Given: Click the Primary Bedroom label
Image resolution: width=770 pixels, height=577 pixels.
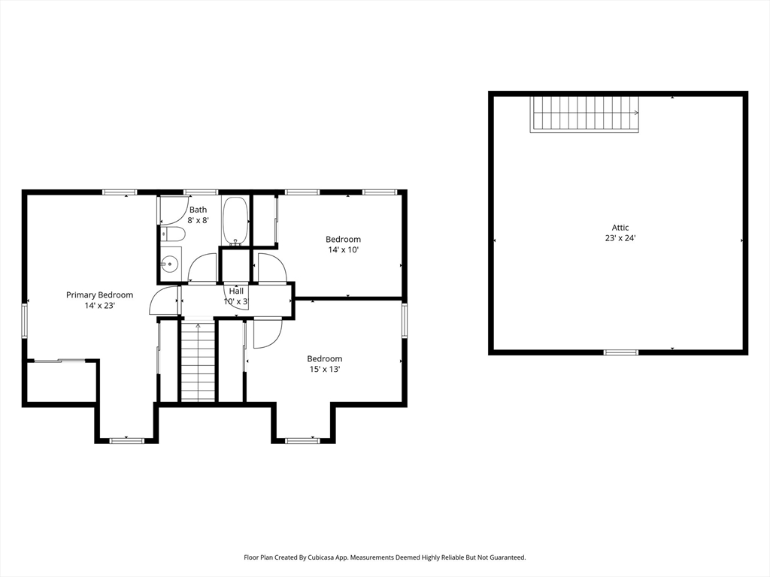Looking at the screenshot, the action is [100, 295].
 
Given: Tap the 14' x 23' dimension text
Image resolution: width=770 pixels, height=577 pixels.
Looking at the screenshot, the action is [100, 306].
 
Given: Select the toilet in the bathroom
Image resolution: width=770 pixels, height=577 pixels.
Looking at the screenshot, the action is [172, 235].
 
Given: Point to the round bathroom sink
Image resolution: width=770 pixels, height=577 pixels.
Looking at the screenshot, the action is [170, 264].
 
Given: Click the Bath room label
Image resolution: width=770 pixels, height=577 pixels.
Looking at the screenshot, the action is [198, 210].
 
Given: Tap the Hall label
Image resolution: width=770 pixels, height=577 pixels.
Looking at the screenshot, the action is [236, 291].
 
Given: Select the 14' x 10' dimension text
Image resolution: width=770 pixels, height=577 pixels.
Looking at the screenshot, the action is [343, 249].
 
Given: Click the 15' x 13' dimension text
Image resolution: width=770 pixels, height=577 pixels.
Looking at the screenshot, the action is [325, 369].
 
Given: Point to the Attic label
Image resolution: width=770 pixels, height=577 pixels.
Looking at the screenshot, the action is [620, 228].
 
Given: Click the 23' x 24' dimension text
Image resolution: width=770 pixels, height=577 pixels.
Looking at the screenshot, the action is [620, 238].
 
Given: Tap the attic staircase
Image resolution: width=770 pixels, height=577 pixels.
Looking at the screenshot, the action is [584, 114].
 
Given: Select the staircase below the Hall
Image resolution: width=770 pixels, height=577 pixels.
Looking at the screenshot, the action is [198, 360].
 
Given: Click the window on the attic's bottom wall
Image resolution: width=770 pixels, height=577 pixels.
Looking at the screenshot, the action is [620, 352].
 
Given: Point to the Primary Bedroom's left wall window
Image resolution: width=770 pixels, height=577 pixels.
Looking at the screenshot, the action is [24, 320].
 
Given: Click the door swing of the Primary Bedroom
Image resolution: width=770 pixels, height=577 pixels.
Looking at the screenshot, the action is [163, 301].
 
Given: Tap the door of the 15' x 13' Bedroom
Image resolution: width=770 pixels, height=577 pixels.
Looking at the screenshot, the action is [268, 333].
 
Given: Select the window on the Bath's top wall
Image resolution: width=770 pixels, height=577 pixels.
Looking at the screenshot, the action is [200, 192].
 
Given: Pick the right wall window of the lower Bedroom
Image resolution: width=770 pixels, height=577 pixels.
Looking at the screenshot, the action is [404, 320].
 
